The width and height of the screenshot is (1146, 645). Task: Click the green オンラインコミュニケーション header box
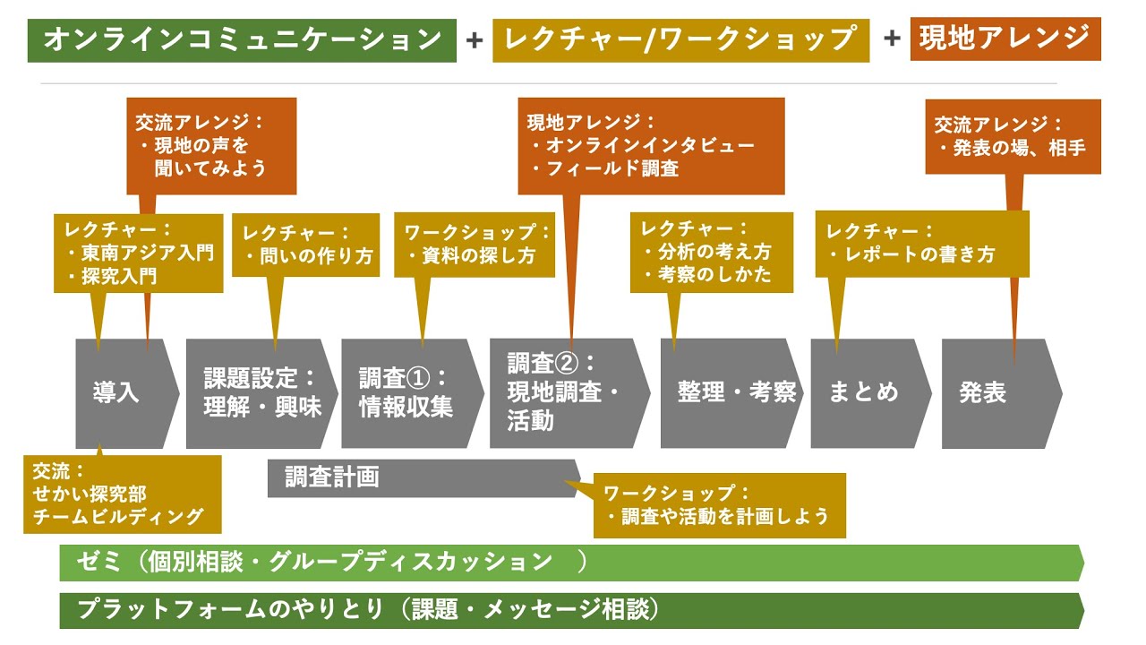pos(242,39)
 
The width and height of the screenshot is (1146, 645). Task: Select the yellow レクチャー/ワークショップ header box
pos(680,39)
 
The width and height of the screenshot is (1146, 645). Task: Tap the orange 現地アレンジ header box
pos(1005,38)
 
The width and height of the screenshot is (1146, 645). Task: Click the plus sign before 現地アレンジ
pos(892,39)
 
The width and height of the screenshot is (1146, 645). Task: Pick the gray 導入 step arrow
pos(121,393)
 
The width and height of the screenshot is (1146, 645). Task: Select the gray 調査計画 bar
pos(421,477)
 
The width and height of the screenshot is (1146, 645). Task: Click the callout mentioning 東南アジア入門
pos(138,253)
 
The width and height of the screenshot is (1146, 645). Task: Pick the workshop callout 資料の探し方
pos(475,244)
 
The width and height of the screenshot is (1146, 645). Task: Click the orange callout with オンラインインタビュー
pos(651,146)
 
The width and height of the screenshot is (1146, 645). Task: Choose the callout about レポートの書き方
pos(922,244)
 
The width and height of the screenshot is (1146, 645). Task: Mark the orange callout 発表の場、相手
pos(1013,137)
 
